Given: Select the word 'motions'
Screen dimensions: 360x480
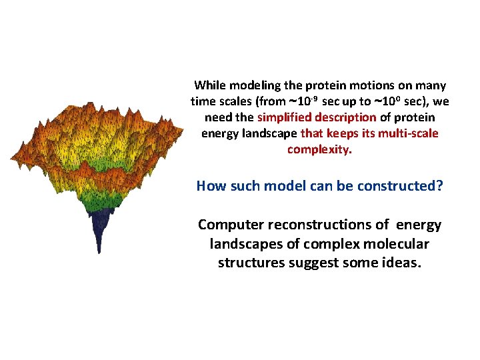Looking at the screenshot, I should click(x=352, y=85).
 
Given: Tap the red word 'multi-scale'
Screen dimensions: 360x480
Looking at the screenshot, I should click(x=408, y=133).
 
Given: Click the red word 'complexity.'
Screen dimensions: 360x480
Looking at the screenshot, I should click(x=319, y=149).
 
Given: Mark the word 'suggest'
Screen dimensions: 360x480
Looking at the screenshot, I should click(x=313, y=262).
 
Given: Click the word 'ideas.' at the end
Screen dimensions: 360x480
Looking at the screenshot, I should click(x=401, y=262).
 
